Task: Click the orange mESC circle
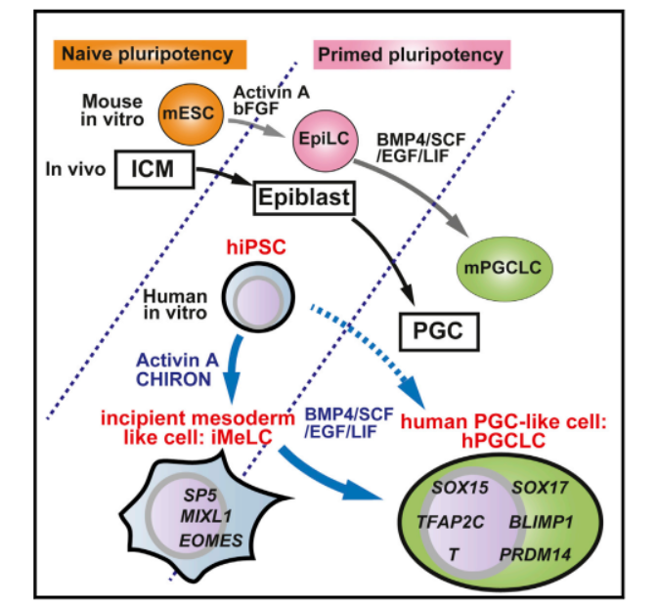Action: click(191, 113)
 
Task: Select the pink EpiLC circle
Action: click(326, 141)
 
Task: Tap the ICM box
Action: click(154, 169)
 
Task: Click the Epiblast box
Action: click(304, 197)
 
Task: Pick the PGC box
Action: click(439, 331)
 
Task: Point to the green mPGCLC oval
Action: click(504, 269)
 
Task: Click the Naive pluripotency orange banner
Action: click(150, 54)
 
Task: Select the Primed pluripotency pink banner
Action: click(412, 55)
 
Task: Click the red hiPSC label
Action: click(256, 246)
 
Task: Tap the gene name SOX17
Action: click(540, 488)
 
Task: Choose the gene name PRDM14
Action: click(535, 554)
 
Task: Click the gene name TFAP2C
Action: click(451, 522)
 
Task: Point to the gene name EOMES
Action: click(210, 541)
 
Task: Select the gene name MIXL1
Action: click(206, 516)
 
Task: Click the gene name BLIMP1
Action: click(541, 522)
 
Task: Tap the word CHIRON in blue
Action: click(173, 379)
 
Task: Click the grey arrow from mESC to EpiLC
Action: click(257, 126)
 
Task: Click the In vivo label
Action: click(75, 169)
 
